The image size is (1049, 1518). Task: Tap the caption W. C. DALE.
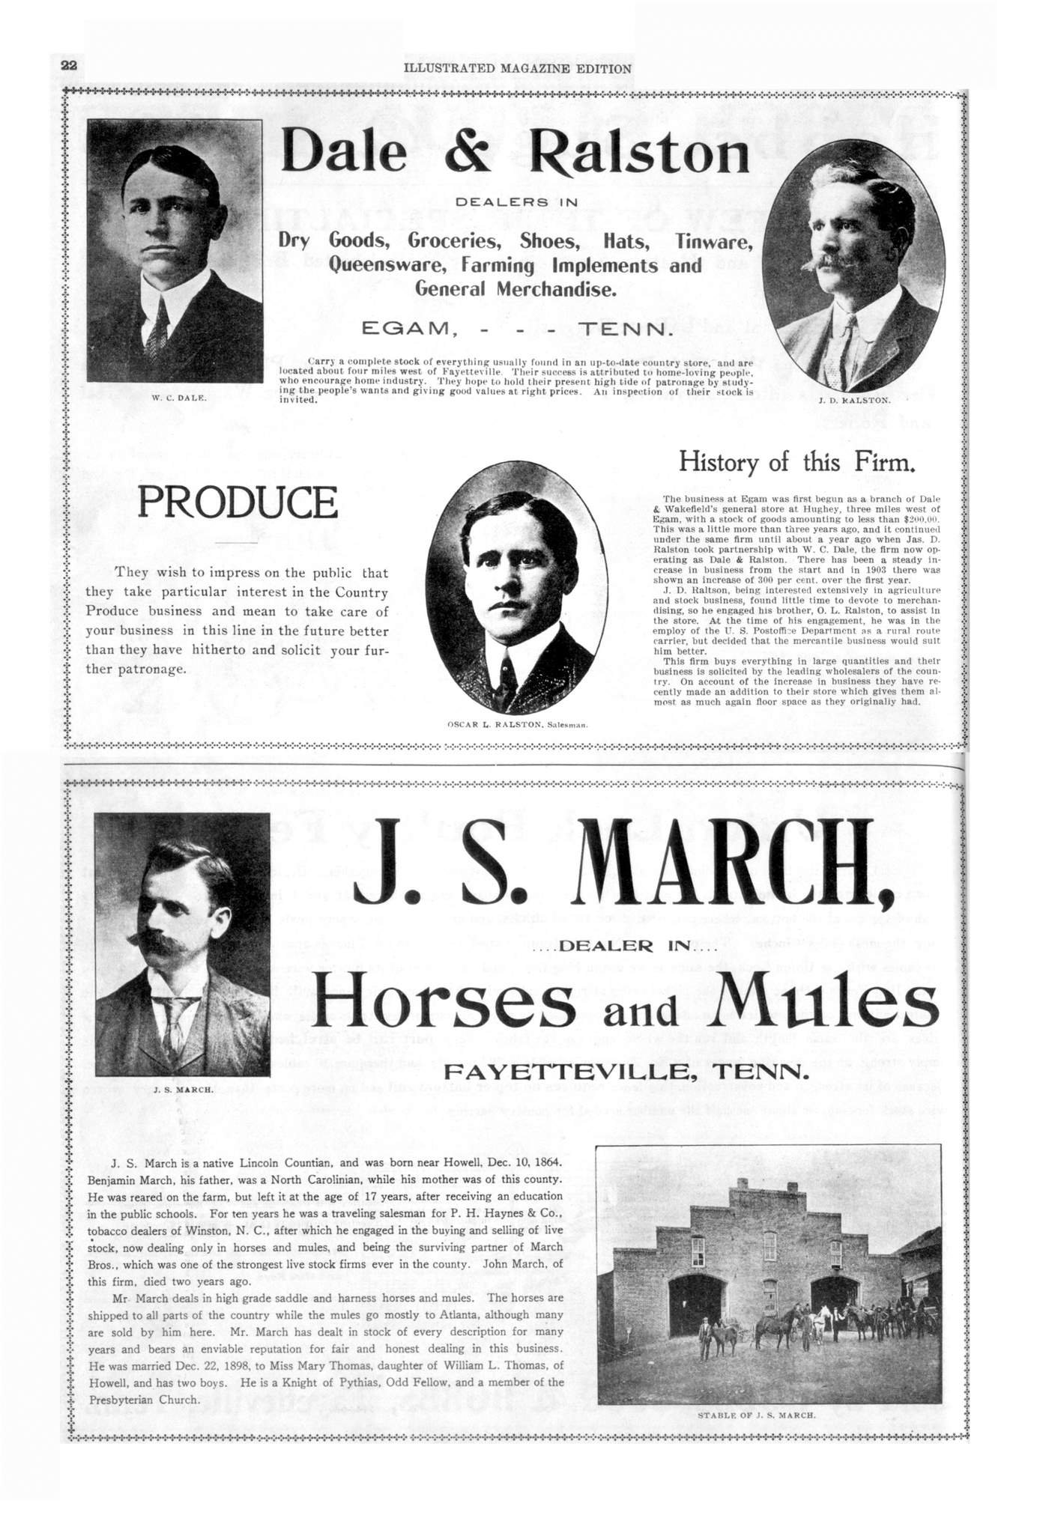coord(179,397)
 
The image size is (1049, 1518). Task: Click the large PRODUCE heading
coord(238,503)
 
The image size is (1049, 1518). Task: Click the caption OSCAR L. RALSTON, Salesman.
coord(517,725)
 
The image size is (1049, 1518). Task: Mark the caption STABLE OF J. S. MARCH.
coord(756,1415)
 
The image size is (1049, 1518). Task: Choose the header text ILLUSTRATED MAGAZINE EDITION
coord(517,68)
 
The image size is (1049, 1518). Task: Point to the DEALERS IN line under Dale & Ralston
coord(516,202)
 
